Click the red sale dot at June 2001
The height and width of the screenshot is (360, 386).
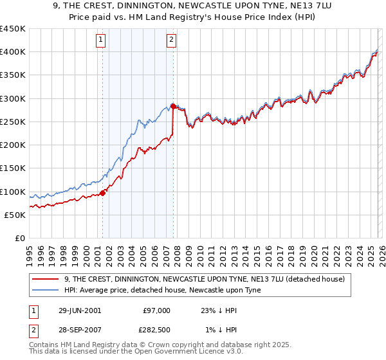(x=103, y=193)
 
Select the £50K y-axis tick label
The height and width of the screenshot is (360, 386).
(x=15, y=215)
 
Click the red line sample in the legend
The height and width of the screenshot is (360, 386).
(x=46, y=279)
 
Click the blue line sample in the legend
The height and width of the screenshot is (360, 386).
(x=46, y=290)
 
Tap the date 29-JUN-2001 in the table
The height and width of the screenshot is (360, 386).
(x=80, y=310)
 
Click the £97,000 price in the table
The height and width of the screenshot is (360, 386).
(x=156, y=310)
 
